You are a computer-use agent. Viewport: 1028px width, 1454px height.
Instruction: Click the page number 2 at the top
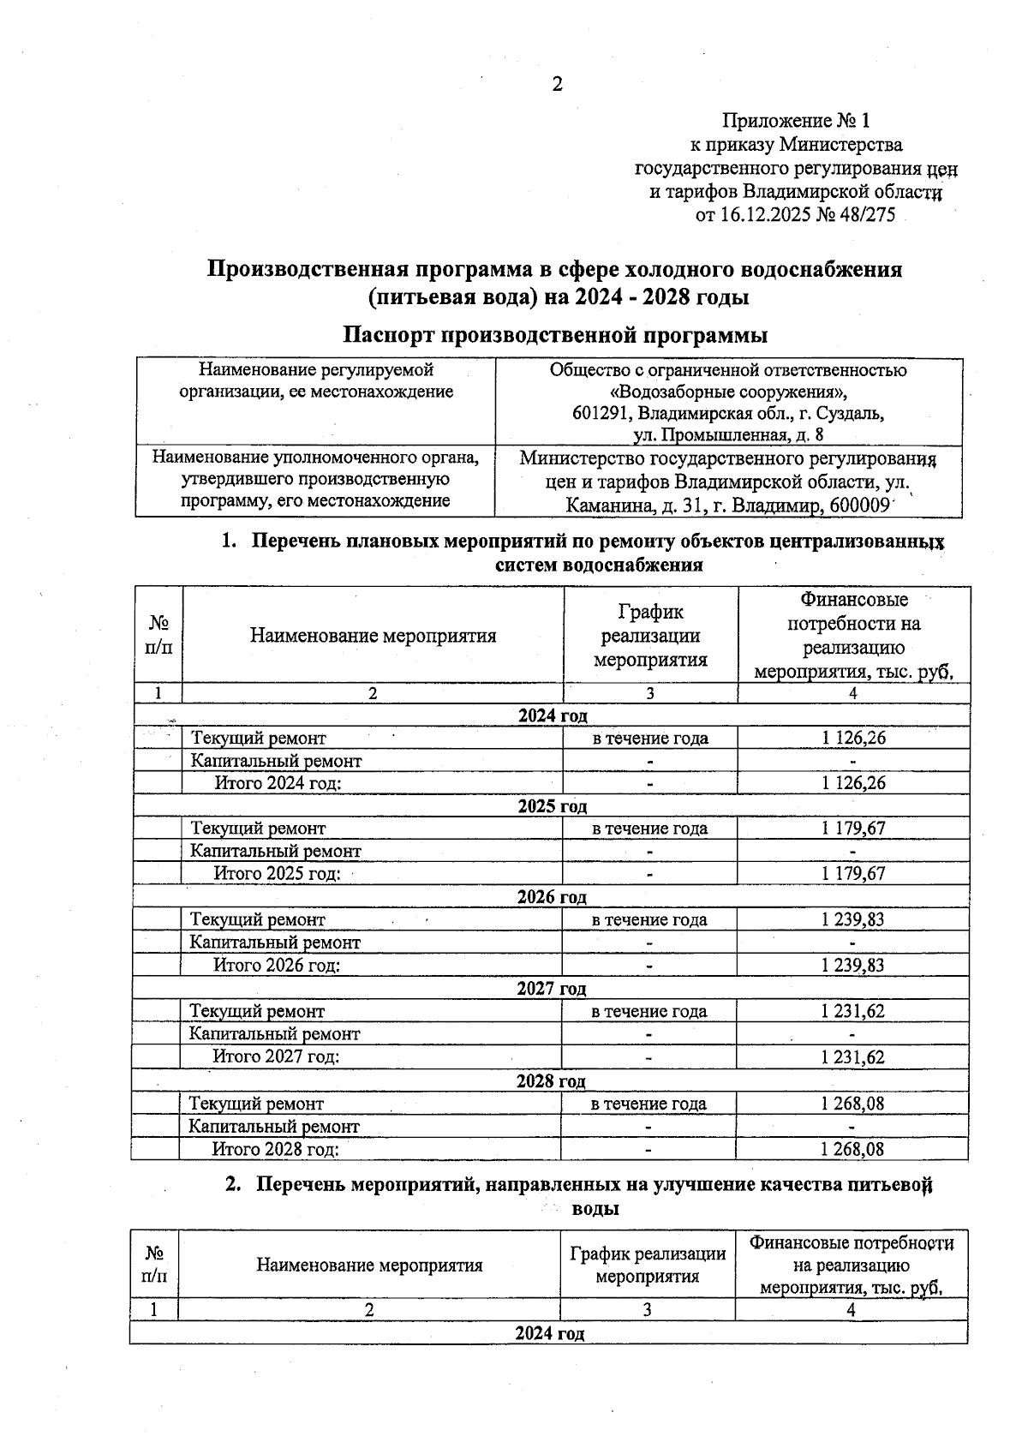(558, 84)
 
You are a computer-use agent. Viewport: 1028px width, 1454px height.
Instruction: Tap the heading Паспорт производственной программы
(554, 334)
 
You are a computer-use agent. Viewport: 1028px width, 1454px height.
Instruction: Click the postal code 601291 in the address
(598, 413)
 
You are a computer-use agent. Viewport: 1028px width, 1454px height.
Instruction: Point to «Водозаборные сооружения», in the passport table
(727, 392)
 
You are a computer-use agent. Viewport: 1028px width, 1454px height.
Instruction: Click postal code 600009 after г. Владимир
(857, 506)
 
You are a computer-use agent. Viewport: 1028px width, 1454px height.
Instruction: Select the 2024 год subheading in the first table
(553, 715)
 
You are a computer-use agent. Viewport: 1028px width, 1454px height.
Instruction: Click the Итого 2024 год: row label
(278, 782)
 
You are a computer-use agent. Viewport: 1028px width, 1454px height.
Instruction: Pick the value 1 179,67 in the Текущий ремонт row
(852, 828)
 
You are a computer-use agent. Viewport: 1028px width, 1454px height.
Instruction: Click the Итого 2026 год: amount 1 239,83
(852, 965)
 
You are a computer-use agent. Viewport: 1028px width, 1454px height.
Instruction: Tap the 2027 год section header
(551, 989)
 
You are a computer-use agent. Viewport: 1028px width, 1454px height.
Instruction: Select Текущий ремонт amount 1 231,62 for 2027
(852, 1011)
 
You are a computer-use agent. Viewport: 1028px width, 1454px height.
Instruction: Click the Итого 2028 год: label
(275, 1149)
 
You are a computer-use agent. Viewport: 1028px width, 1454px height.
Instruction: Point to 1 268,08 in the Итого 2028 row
(852, 1149)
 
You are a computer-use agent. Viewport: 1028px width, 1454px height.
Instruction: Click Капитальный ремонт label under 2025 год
(275, 851)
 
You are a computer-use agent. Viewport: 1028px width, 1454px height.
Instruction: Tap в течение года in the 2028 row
(648, 1104)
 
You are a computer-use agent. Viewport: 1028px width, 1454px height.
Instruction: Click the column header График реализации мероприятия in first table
(650, 635)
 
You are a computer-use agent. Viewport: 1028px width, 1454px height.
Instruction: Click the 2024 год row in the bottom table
(549, 1333)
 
